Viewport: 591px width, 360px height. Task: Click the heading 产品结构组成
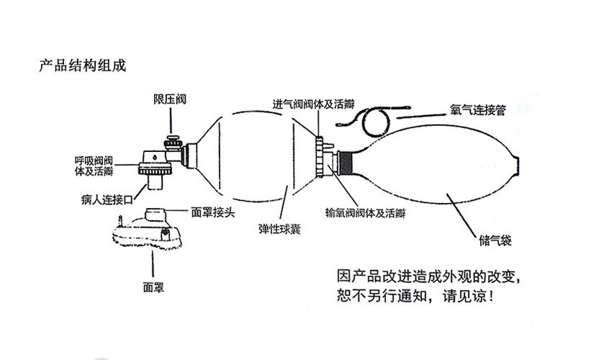[x=82, y=66]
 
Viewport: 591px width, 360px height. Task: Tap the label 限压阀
[x=170, y=99]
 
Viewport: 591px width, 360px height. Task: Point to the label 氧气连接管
[x=478, y=111]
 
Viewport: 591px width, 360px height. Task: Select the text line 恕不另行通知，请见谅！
[x=415, y=296]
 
